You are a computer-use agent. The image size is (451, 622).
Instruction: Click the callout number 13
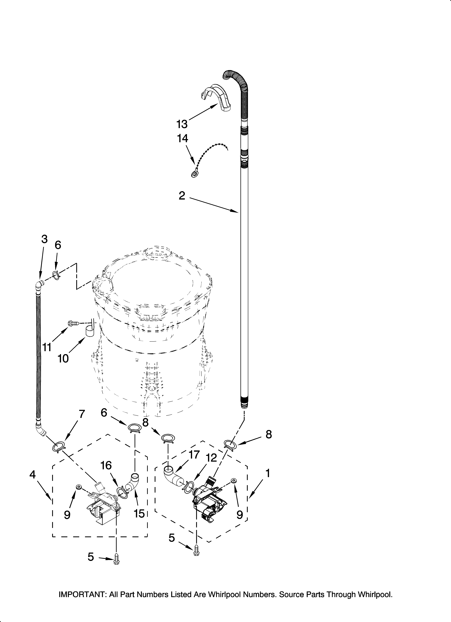[182, 124]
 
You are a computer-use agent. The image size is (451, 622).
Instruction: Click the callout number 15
[139, 514]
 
